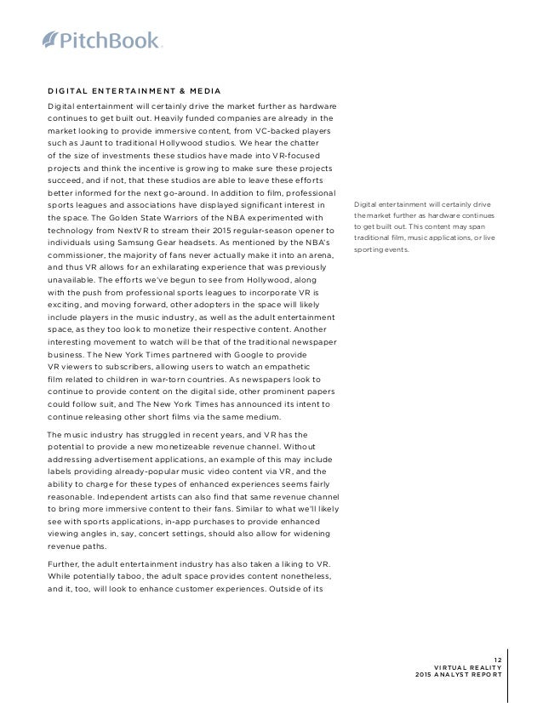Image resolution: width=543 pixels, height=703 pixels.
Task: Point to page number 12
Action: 496,656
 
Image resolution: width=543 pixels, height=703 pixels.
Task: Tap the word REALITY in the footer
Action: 482,666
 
